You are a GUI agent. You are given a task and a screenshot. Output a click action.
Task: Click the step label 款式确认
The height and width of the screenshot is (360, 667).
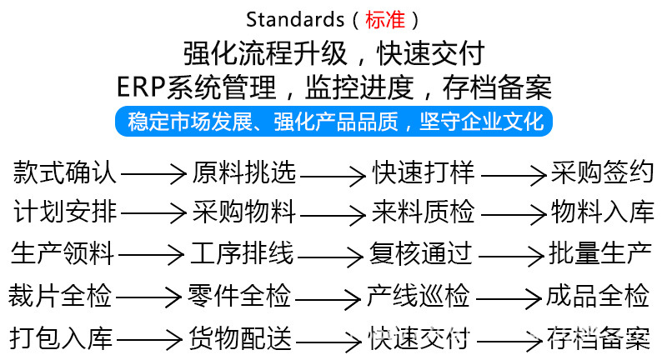coord(65,173)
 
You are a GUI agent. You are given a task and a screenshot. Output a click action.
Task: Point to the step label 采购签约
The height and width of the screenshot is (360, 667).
coord(602,173)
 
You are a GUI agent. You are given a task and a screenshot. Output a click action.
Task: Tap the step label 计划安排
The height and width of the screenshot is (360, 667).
coord(65,212)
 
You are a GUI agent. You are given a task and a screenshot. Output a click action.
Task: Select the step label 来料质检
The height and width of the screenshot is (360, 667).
coord(423,212)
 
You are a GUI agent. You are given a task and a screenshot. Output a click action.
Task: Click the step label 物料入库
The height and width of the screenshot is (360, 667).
coord(602,212)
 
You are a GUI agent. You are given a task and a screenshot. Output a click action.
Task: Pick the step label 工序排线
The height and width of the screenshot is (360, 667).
coord(242,251)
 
